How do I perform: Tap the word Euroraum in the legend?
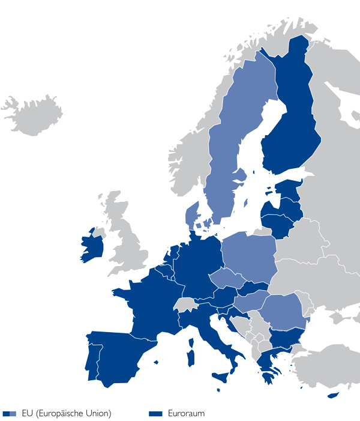click(x=187, y=413)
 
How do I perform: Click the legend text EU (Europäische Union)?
click(x=65, y=413)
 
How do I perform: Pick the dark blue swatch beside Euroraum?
click(x=156, y=413)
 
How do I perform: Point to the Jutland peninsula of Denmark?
click(x=192, y=214)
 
